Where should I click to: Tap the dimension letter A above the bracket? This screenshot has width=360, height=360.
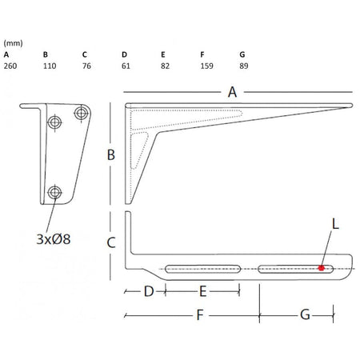pyautogui.click(x=233, y=92)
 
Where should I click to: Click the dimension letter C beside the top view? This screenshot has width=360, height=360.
pyautogui.click(x=113, y=240)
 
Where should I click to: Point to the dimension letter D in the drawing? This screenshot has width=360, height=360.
pyautogui.click(x=147, y=292)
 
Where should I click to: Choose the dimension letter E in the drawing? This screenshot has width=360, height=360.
pyautogui.click(x=203, y=292)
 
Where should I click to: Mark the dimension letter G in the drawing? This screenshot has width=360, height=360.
pyautogui.click(x=305, y=315)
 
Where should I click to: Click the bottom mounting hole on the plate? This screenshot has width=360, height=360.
pyautogui.click(x=54, y=192)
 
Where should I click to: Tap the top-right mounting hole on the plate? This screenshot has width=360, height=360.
pyautogui.click(x=79, y=113)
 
